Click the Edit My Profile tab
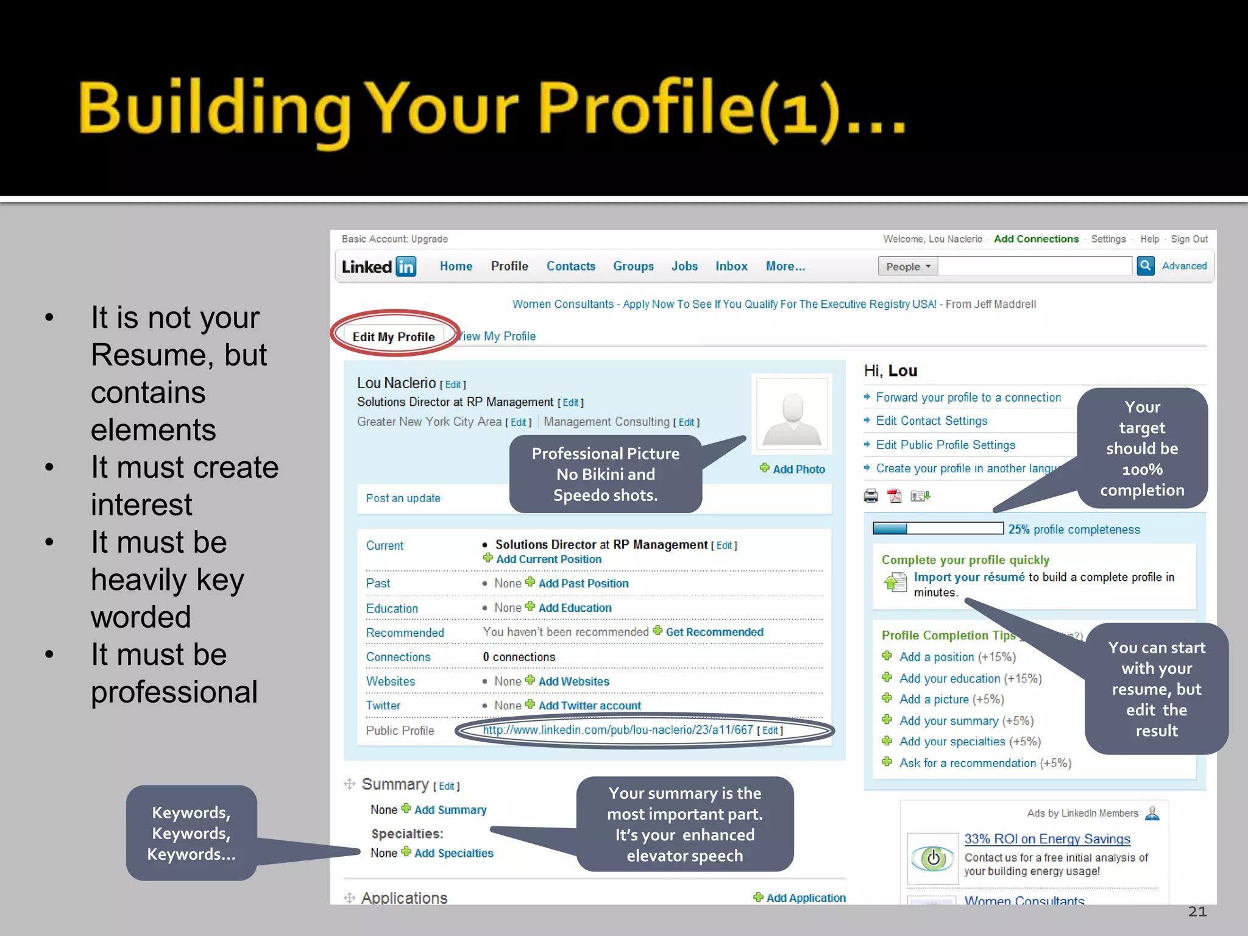click(x=394, y=336)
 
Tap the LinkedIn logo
click(x=378, y=266)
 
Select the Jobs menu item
click(x=684, y=266)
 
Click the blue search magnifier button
click(x=1146, y=266)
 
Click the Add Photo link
click(x=798, y=469)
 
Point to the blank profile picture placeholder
click(x=792, y=413)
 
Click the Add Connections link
click(x=1036, y=239)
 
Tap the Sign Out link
click(x=1189, y=239)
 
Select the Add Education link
click(x=574, y=608)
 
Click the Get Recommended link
click(x=714, y=632)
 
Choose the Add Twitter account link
click(x=589, y=706)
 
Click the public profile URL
click(x=618, y=730)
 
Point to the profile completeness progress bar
click(x=938, y=528)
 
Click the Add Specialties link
click(x=453, y=853)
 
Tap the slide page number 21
click(x=1197, y=912)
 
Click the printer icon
click(x=871, y=496)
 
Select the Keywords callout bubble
click(x=191, y=833)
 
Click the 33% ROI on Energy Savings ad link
click(x=1047, y=839)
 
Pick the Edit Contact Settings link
click(x=931, y=421)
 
